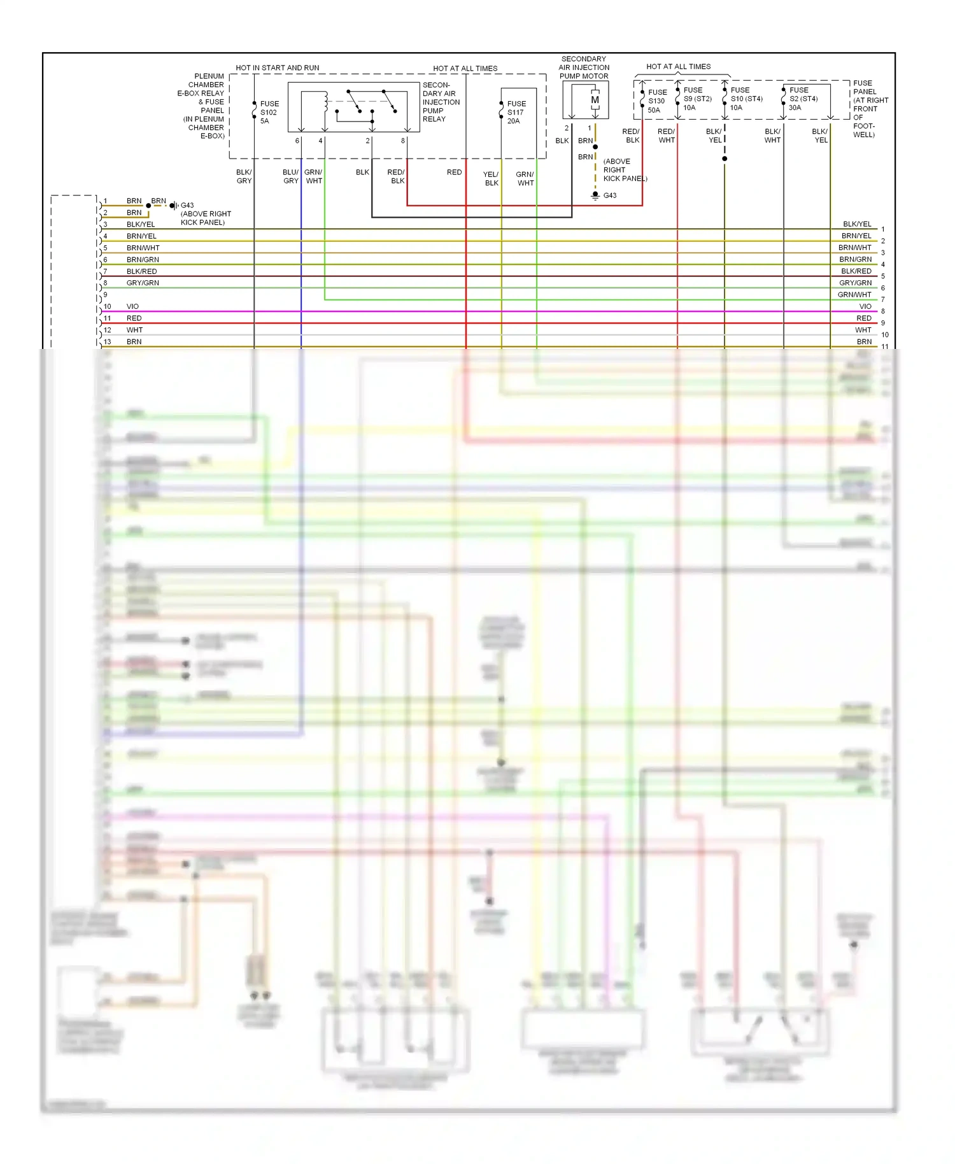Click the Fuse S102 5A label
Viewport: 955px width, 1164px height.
[x=269, y=112]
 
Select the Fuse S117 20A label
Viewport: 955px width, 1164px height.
[x=516, y=112]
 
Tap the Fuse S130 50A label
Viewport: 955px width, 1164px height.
[x=657, y=101]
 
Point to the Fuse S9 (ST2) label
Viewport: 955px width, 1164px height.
[x=697, y=99]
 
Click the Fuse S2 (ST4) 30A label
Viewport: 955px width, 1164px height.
[x=803, y=99]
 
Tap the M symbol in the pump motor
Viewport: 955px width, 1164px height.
[x=595, y=100]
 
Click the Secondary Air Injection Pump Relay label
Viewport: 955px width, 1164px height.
[x=441, y=102]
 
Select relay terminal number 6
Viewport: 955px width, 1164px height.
[x=297, y=141]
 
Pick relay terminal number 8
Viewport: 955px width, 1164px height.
[x=402, y=141]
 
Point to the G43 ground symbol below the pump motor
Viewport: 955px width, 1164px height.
[x=595, y=195]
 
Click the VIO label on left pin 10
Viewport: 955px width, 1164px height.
[x=132, y=306]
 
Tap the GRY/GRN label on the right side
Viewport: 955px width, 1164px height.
[x=855, y=283]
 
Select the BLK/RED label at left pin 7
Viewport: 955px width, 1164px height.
[x=141, y=271]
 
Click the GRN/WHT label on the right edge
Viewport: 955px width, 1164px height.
[x=854, y=295]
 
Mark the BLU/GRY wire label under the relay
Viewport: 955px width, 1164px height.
[x=290, y=176]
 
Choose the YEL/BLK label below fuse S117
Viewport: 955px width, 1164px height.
[x=491, y=178]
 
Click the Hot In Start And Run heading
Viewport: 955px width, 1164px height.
[x=277, y=67]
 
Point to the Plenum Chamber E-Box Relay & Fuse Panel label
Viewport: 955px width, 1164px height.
[x=202, y=106]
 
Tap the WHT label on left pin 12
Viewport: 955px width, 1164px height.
[x=134, y=330]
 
